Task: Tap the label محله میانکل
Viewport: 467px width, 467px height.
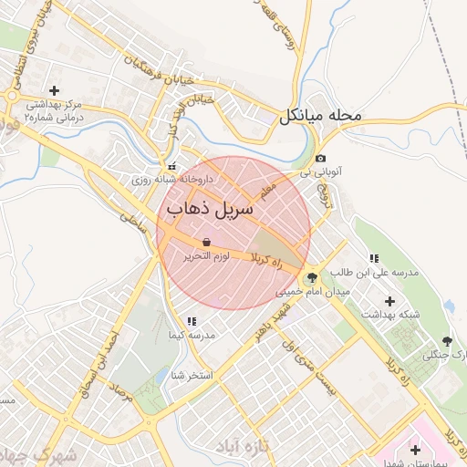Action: (x=320, y=116)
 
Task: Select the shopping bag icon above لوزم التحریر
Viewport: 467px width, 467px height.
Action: (x=205, y=242)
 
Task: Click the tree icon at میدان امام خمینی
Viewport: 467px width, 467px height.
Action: (x=313, y=277)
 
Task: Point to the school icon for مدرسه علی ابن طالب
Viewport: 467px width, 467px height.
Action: (x=374, y=258)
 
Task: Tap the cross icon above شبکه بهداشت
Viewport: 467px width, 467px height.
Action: (x=390, y=300)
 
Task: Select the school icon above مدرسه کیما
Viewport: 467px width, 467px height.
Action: (x=192, y=321)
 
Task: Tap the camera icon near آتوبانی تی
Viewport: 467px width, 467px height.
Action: (x=320, y=159)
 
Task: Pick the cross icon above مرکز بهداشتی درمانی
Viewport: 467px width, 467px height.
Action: (x=54, y=90)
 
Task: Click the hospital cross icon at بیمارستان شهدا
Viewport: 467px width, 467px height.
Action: (x=416, y=450)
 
